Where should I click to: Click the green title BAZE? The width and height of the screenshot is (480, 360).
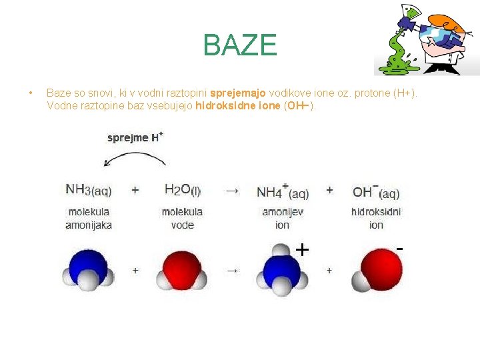tap(240, 45)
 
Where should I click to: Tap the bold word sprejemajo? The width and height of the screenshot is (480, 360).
tap(238, 93)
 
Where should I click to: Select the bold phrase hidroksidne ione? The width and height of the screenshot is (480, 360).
tap(238, 105)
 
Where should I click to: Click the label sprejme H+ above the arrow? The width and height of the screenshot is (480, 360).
tap(135, 137)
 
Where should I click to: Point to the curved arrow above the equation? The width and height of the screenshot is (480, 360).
tap(135, 153)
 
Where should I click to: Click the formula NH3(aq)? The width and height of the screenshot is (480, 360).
tap(89, 190)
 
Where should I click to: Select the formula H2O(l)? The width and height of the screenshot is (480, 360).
tap(183, 190)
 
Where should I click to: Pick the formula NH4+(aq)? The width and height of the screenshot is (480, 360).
tap(283, 191)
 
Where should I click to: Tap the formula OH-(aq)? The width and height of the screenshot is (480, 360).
tap(376, 191)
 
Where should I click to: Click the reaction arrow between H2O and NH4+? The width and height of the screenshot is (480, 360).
tap(232, 191)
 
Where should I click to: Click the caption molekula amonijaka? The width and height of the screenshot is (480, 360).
tap(89, 219)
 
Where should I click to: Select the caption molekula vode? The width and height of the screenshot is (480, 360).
tap(183, 219)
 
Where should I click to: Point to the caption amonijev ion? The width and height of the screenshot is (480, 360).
tap(283, 219)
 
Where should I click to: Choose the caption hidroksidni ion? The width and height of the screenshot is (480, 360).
tap(376, 219)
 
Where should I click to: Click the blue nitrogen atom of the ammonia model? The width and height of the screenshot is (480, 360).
tap(88, 265)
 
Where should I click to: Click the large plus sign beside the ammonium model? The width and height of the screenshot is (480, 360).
tap(302, 250)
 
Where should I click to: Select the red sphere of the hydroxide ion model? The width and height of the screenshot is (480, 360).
tap(381, 269)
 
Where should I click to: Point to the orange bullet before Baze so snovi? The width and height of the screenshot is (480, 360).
tap(30, 93)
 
